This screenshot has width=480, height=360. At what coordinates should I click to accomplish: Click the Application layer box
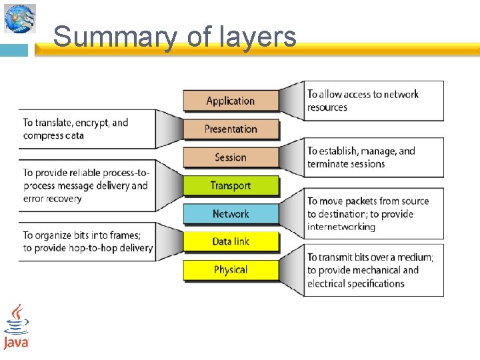point(231,101)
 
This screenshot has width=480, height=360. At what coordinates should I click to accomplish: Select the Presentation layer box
point(231,129)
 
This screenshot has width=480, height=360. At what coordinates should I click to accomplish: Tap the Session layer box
point(231,157)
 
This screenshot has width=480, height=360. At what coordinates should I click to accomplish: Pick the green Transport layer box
point(231,185)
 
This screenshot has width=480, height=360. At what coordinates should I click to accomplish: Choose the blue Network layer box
point(231,213)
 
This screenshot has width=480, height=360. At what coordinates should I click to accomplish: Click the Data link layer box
point(231,241)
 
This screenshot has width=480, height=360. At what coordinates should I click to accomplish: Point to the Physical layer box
point(231,269)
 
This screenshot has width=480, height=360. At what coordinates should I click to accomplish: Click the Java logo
point(16,327)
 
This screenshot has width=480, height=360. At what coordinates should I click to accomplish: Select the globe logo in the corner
point(19,18)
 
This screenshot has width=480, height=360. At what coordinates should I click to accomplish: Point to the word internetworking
point(341,227)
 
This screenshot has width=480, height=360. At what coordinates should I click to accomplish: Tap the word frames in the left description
point(119,235)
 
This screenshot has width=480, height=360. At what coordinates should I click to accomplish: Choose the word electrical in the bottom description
point(328,283)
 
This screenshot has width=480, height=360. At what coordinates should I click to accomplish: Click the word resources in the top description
point(327,107)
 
